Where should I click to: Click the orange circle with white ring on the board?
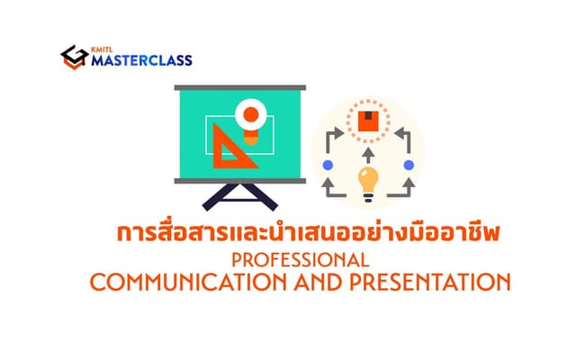click(251, 115)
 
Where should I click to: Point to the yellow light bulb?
click(366, 181)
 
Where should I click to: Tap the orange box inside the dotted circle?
click(367, 121)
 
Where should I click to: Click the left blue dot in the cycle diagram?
click(328, 165)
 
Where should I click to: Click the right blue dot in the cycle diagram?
click(408, 165)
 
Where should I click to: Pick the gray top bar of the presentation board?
click(236, 86)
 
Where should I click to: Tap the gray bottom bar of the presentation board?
click(236, 181)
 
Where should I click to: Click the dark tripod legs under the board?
click(236, 198)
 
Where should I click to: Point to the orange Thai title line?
click(309, 234)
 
